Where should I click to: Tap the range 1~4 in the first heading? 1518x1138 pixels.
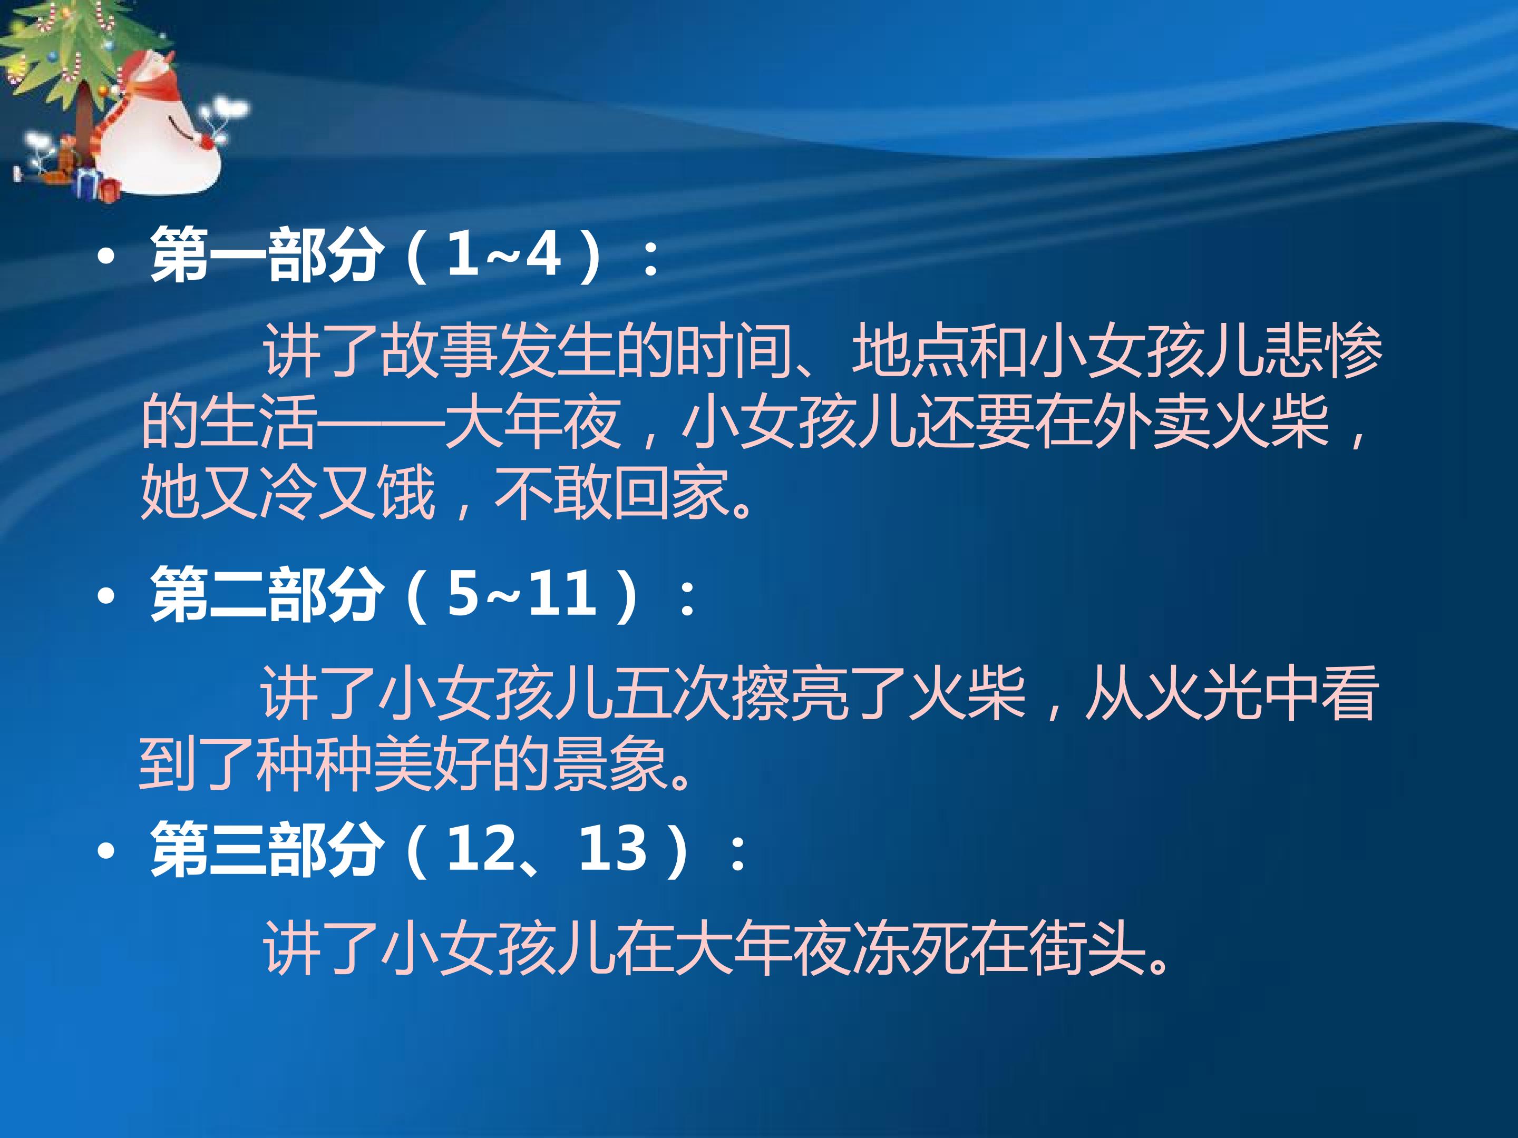point(504,255)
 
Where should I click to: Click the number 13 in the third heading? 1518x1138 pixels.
point(613,850)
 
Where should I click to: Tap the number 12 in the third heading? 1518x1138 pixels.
point(480,850)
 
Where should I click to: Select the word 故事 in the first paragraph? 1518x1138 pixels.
point(439,351)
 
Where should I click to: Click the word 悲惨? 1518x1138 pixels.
point(1322,351)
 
